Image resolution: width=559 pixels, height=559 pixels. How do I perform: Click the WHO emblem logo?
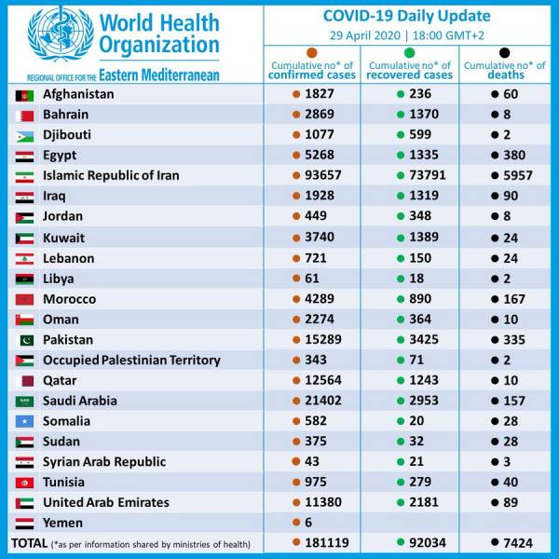click(61, 36)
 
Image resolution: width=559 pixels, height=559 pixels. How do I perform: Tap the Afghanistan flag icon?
click(25, 95)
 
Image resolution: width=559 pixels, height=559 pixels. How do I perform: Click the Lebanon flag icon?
click(25, 258)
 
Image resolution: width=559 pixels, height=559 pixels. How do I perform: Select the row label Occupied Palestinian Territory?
click(131, 360)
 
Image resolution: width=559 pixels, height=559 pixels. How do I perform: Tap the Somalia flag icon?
click(25, 421)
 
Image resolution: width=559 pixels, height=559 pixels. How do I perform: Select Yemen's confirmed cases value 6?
click(308, 523)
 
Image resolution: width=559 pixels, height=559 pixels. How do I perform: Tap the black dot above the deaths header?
click(505, 54)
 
